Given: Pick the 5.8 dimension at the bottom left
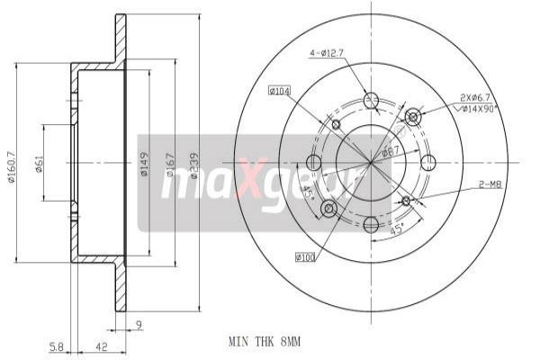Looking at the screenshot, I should click(x=55, y=346).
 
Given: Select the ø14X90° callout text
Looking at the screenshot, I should click(x=480, y=108).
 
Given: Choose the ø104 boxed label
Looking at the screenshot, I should click(x=281, y=90).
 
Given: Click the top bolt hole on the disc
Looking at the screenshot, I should click(x=372, y=101).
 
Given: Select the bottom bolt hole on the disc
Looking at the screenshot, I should click(x=372, y=222).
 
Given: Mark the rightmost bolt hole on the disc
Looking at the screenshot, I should click(x=429, y=162).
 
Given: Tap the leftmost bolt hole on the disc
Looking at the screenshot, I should click(x=314, y=163).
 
